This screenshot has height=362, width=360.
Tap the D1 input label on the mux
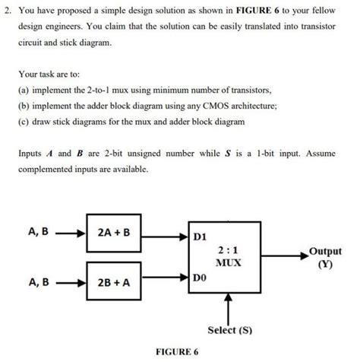coord(200,237)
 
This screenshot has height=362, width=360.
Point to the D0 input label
coord(200,280)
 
